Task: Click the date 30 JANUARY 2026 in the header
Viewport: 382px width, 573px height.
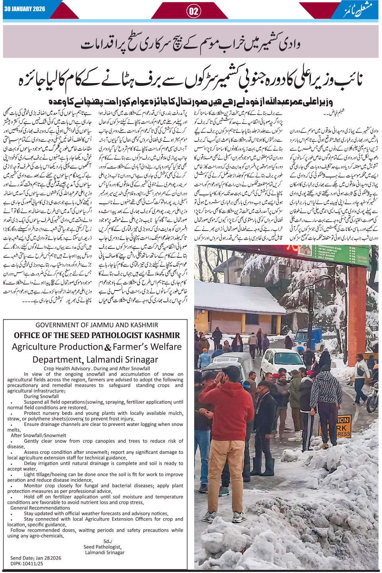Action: point(24,9)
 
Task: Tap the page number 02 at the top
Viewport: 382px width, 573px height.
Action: point(194,11)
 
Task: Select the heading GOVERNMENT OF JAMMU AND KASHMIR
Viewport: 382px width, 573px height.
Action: point(96,325)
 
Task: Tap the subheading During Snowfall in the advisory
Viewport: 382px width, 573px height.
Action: point(41,396)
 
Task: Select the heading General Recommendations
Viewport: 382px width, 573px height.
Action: point(40,508)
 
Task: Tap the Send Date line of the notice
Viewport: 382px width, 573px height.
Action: point(36,558)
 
